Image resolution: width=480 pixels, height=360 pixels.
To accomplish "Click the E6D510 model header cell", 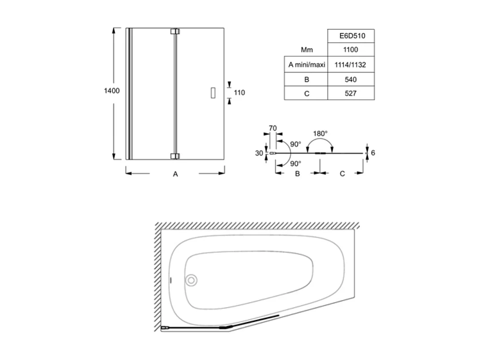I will [351, 35].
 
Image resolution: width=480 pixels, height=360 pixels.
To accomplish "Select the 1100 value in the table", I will [351, 50].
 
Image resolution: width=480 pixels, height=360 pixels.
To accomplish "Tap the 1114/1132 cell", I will [351, 65].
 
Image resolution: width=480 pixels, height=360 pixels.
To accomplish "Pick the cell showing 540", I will [351, 79].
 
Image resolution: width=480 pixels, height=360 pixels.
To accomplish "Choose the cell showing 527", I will [351, 94].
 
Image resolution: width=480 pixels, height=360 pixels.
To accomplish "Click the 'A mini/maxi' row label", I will [306, 65].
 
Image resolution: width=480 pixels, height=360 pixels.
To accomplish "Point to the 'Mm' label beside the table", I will [306, 50].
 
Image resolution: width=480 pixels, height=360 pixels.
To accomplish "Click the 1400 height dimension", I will [112, 91].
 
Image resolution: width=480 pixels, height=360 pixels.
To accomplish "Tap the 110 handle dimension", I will [240, 92].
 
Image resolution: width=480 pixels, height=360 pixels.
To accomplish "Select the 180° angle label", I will [320, 133].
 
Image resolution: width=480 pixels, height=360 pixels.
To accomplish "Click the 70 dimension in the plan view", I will [272, 128].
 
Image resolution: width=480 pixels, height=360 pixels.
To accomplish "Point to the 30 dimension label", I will [259, 153].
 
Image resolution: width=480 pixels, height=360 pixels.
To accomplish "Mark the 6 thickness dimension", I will [373, 153].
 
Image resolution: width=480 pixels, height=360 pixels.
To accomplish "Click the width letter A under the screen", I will [176, 174].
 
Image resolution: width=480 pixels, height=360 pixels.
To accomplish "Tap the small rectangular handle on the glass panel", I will [213, 92].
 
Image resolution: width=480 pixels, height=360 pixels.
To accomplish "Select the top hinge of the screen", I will [175, 31].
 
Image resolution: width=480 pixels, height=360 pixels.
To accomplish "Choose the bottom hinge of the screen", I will [175, 156].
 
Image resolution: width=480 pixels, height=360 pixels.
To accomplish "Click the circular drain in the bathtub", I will [191, 281].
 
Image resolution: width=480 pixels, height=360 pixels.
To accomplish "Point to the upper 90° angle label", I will [295, 144].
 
